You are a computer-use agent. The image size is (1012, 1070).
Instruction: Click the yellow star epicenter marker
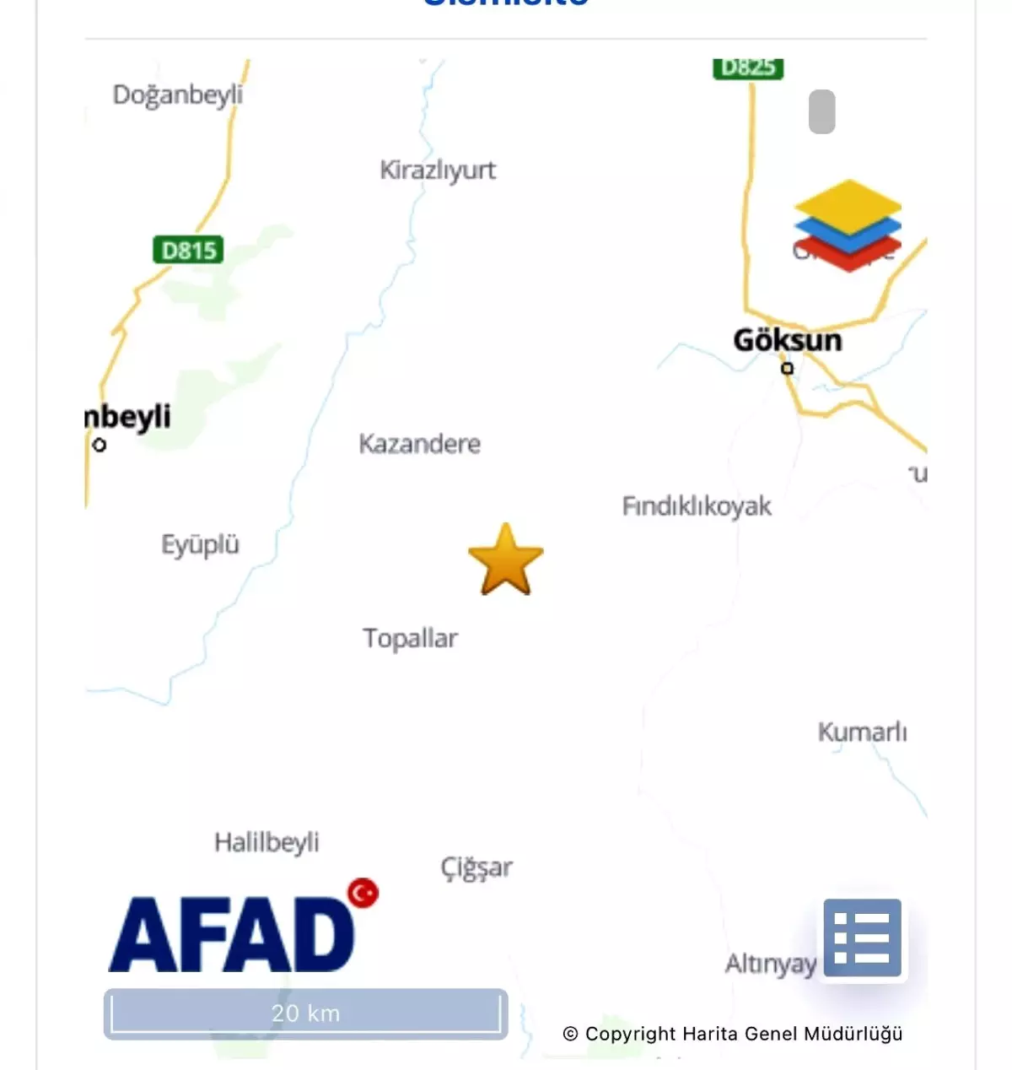coord(506,560)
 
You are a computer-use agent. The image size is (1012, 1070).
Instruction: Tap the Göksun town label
coord(787,340)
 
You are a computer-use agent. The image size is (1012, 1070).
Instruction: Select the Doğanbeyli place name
coord(177,95)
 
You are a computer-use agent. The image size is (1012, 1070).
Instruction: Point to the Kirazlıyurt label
coord(438,170)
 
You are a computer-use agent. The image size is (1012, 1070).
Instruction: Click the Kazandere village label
coord(419,444)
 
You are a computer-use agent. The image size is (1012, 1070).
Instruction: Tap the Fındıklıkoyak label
coord(697,506)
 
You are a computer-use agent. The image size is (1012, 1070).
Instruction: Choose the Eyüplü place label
coord(200,545)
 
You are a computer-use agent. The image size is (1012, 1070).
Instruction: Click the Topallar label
coord(410,639)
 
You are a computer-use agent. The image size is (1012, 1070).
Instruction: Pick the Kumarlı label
coord(862,732)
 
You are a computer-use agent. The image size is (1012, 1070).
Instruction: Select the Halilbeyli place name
coord(266,842)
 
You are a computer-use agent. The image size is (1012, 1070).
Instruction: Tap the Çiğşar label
coord(476,867)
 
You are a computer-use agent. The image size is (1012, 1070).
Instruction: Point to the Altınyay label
coord(770,964)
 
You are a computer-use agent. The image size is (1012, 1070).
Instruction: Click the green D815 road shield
coord(189,251)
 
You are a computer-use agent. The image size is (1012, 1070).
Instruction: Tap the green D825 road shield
coord(748,68)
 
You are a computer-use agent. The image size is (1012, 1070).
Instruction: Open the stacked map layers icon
coord(848,224)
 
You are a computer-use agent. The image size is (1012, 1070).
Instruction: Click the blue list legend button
coord(862,938)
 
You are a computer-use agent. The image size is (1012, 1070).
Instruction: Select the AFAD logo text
coord(232,935)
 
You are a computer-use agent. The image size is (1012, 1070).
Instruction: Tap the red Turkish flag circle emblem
coord(363,893)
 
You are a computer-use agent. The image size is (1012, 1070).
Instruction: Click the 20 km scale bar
coord(305,1013)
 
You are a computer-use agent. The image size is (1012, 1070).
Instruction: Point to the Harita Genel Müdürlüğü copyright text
coord(732,1034)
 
